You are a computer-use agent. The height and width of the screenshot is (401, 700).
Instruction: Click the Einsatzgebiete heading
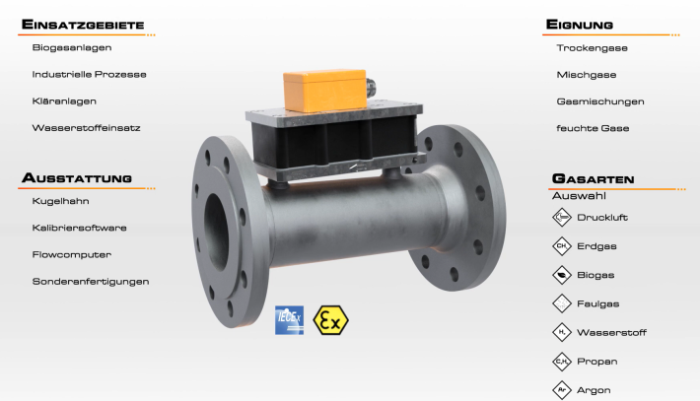tap(83, 24)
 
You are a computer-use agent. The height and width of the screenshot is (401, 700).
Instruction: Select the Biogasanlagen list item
tap(72, 47)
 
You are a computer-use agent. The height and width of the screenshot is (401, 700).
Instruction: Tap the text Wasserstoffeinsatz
tap(86, 128)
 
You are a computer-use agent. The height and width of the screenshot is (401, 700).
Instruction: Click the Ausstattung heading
tap(77, 177)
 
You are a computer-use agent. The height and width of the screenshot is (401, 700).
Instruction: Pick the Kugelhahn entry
tap(61, 201)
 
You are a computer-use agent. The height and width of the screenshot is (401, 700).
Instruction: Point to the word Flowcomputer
tap(72, 255)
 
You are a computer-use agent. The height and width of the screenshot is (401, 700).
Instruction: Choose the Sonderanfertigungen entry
tap(91, 282)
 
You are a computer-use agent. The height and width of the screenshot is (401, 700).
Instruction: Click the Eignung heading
tap(580, 24)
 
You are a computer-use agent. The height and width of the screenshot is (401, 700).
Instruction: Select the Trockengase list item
tap(592, 48)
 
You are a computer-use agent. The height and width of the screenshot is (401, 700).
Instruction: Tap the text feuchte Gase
tap(593, 128)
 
